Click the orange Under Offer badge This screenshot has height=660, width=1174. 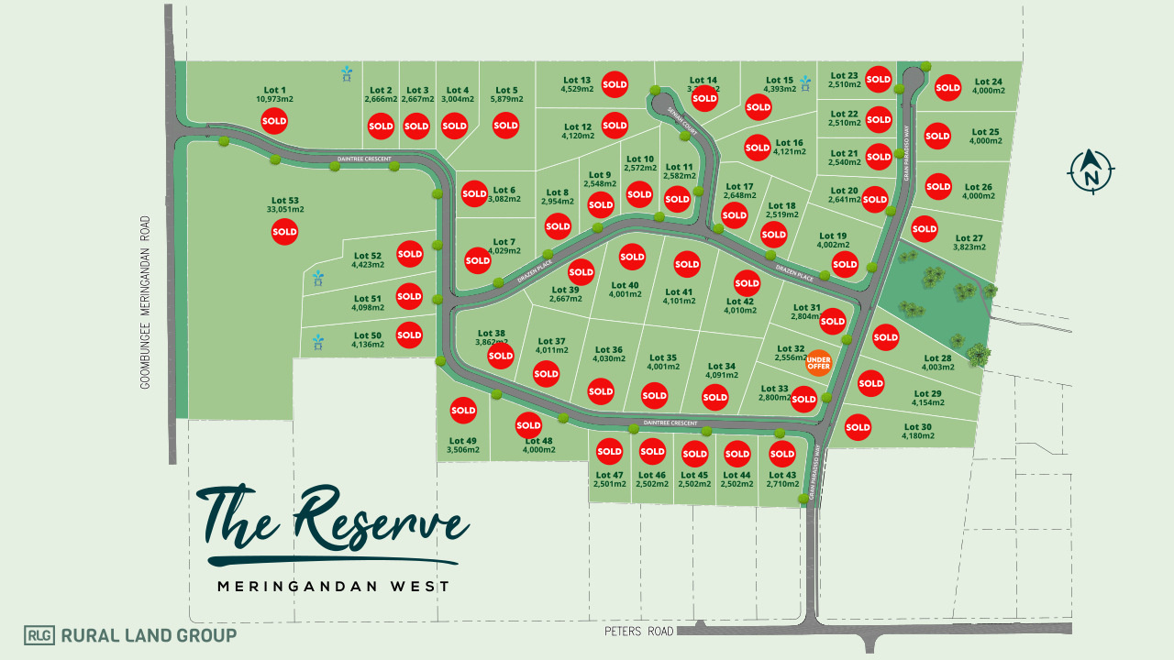pyautogui.click(x=818, y=363)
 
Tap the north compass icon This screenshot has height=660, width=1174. pyautogui.click(x=1091, y=171)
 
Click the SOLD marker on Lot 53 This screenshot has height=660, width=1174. pyautogui.click(x=284, y=232)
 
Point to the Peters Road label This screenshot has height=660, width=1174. pyautogui.click(x=638, y=632)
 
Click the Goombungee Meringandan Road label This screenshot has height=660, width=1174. pyautogui.click(x=146, y=302)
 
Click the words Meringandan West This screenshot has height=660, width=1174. pyautogui.click(x=333, y=586)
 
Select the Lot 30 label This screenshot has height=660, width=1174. pyautogui.click(x=917, y=426)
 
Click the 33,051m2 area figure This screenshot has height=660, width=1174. pyautogui.click(x=285, y=209)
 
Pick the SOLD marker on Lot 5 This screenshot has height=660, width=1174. pyautogui.click(x=505, y=126)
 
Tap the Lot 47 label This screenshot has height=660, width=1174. pyautogui.click(x=609, y=475)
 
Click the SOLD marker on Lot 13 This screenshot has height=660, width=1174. pyautogui.click(x=615, y=84)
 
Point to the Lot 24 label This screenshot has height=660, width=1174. pyautogui.click(x=988, y=82)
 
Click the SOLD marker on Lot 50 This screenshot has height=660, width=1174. pyautogui.click(x=409, y=335)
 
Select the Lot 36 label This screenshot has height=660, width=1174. pyautogui.click(x=608, y=349)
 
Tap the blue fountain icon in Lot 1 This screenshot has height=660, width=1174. pyautogui.click(x=347, y=73)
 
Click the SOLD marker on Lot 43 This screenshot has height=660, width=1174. pyautogui.click(x=781, y=454)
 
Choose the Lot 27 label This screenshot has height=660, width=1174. pyautogui.click(x=969, y=237)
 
